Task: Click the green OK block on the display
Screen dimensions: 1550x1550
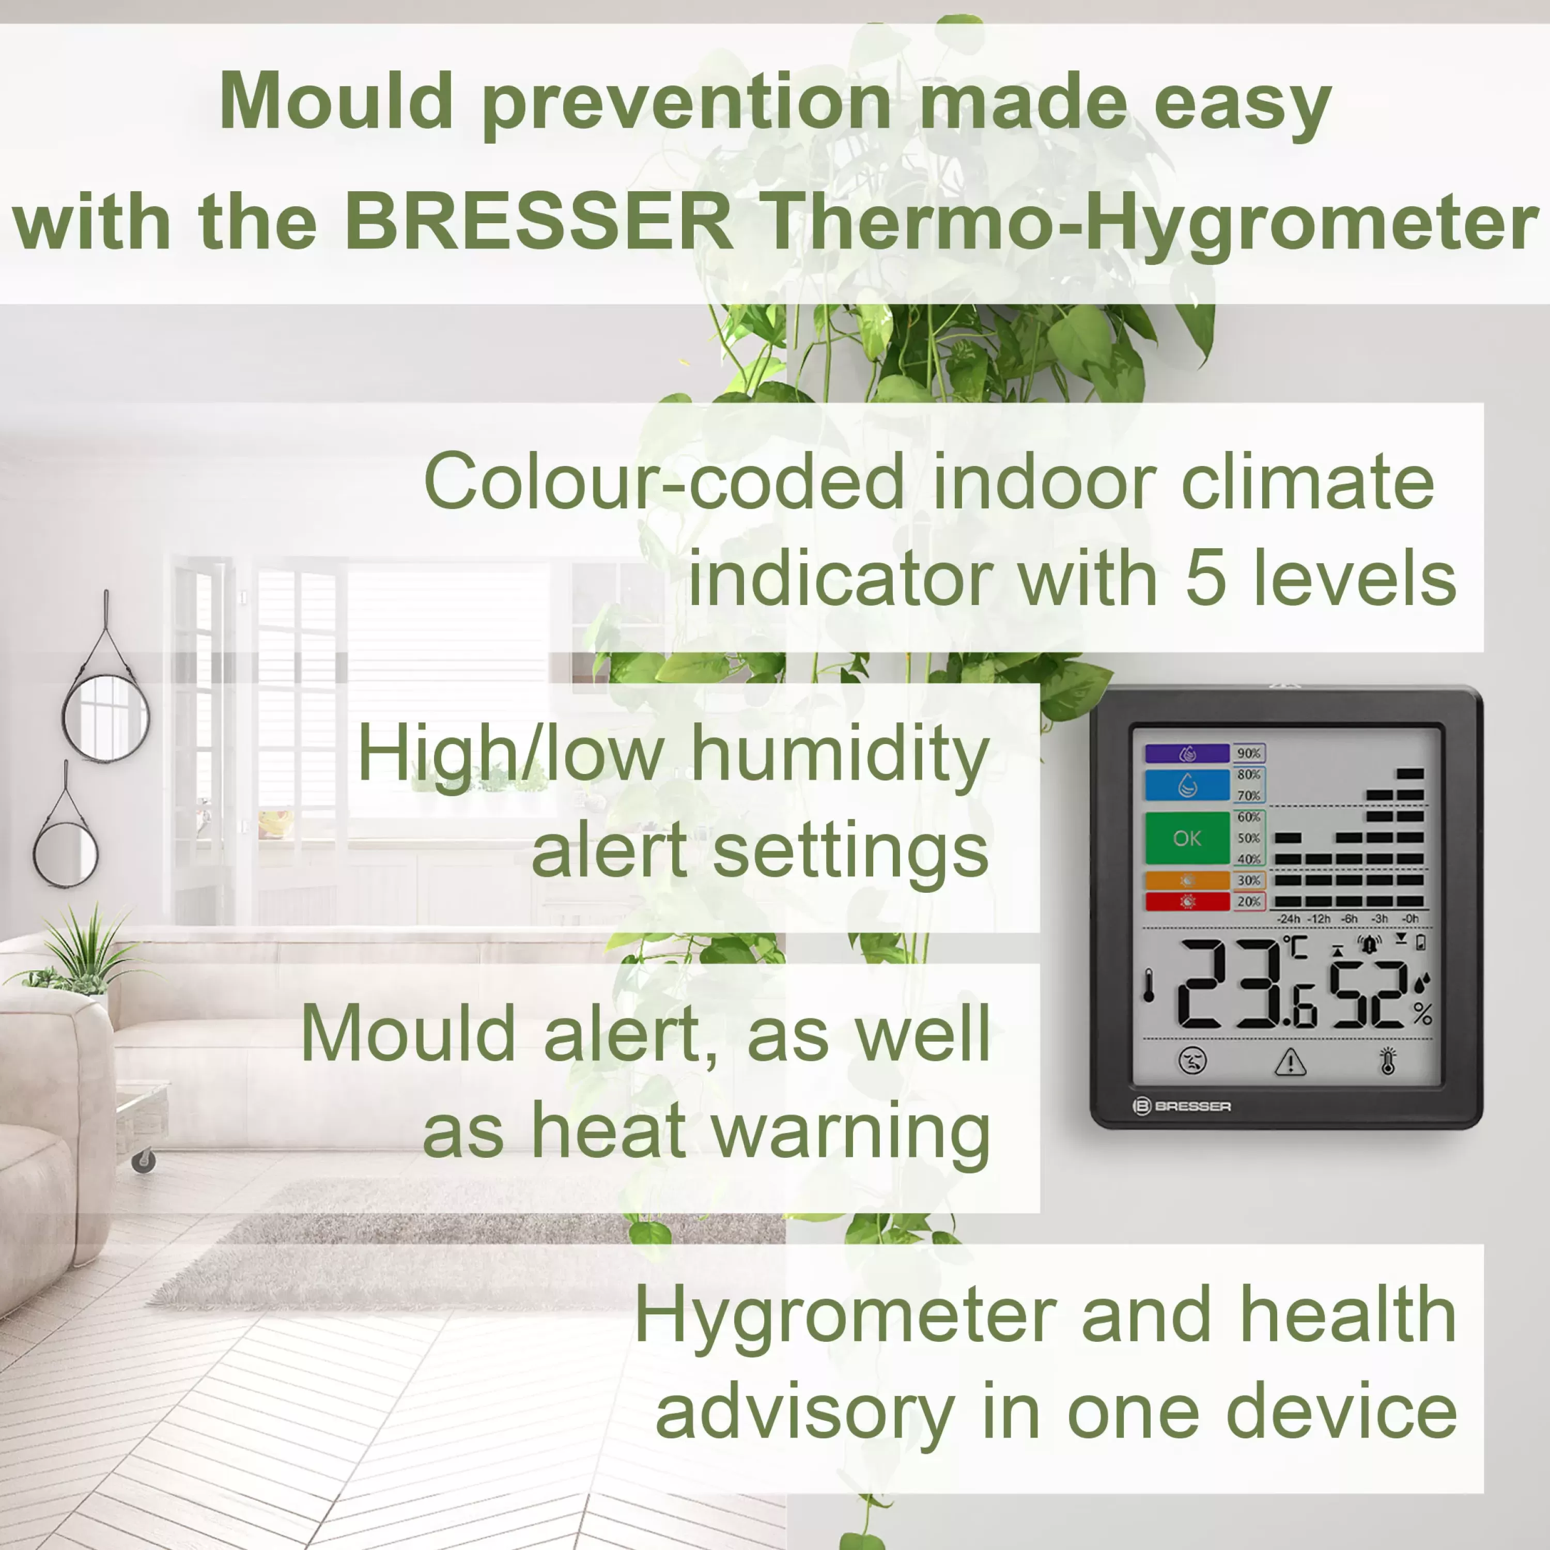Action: coord(1187,838)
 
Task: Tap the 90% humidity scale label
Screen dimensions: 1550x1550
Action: coord(1248,753)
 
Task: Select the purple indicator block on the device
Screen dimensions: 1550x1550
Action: coord(1187,753)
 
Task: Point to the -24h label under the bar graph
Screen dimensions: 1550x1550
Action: coord(1289,919)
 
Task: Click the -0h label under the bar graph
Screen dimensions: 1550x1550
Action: coord(1409,919)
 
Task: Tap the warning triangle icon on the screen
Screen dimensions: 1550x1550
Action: coord(1290,1061)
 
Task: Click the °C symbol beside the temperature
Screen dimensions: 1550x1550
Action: coord(1296,948)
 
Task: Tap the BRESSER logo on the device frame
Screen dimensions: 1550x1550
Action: coord(1182,1106)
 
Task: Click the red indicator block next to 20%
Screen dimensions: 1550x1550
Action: coord(1187,902)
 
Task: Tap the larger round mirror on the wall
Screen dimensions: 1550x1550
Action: coord(106,717)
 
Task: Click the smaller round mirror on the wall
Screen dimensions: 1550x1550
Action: coord(66,854)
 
